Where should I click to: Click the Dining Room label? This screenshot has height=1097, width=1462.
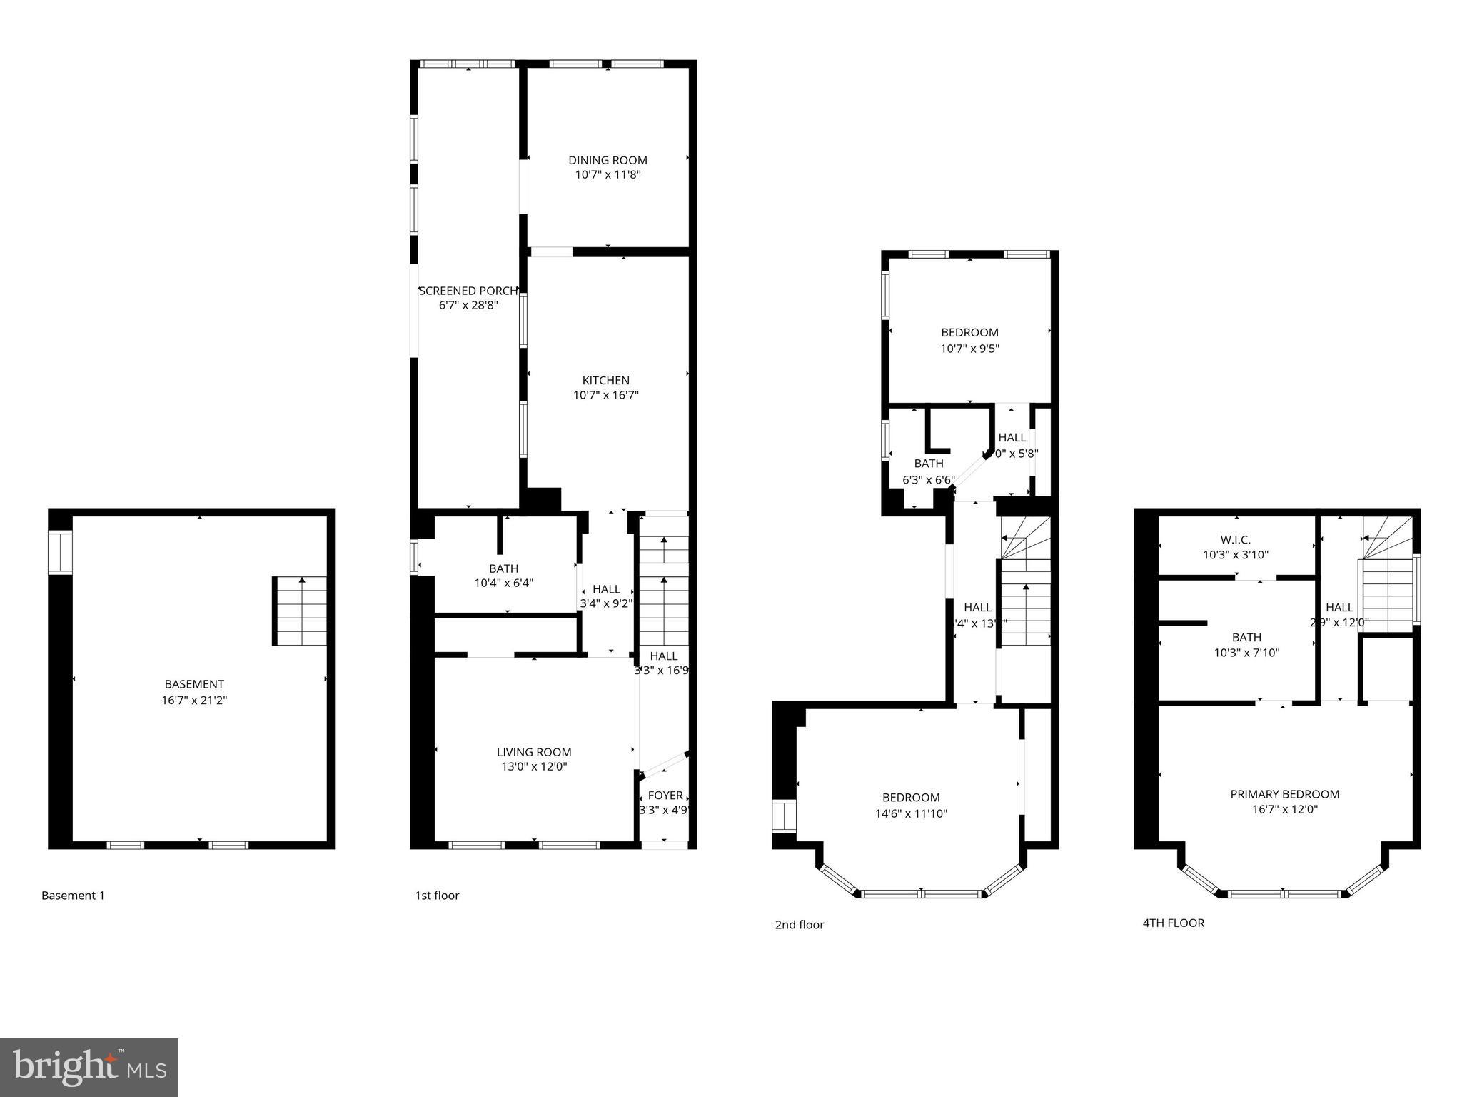608,161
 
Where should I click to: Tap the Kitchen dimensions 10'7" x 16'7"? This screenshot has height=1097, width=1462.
605,395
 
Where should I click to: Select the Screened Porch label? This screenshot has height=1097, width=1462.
468,291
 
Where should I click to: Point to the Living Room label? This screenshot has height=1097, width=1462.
534,752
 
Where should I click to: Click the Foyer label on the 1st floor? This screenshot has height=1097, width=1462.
665,796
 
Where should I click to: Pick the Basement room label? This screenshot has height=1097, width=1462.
194,684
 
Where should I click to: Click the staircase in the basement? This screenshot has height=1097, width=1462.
301,611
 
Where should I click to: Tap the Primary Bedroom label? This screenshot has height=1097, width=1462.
1284,794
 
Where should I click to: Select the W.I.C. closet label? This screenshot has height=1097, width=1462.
1236,540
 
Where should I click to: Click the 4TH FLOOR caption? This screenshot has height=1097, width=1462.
1173,923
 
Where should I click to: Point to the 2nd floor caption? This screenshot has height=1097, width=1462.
799,925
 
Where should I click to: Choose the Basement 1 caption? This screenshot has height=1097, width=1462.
73,896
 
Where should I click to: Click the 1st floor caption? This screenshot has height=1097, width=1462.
437,896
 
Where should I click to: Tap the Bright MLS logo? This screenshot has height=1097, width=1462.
89,1067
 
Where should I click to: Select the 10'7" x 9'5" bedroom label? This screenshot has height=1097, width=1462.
969,333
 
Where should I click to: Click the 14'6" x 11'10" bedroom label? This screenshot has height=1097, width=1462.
911,798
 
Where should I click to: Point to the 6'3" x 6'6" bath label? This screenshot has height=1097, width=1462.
928,464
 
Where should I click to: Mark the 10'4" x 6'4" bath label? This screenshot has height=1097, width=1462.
503,569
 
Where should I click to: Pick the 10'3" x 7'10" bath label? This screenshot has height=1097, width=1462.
1246,638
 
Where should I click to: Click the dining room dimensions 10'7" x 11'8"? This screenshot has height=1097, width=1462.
608,175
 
